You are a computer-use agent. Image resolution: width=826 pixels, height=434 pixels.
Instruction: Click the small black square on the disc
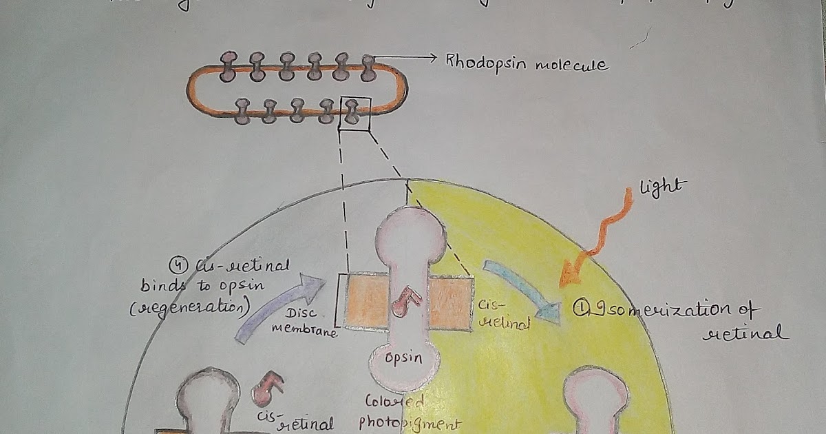pyautogui.click(x=355, y=113)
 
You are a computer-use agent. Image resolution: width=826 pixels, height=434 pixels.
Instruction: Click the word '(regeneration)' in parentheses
pyautogui.click(x=189, y=308)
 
